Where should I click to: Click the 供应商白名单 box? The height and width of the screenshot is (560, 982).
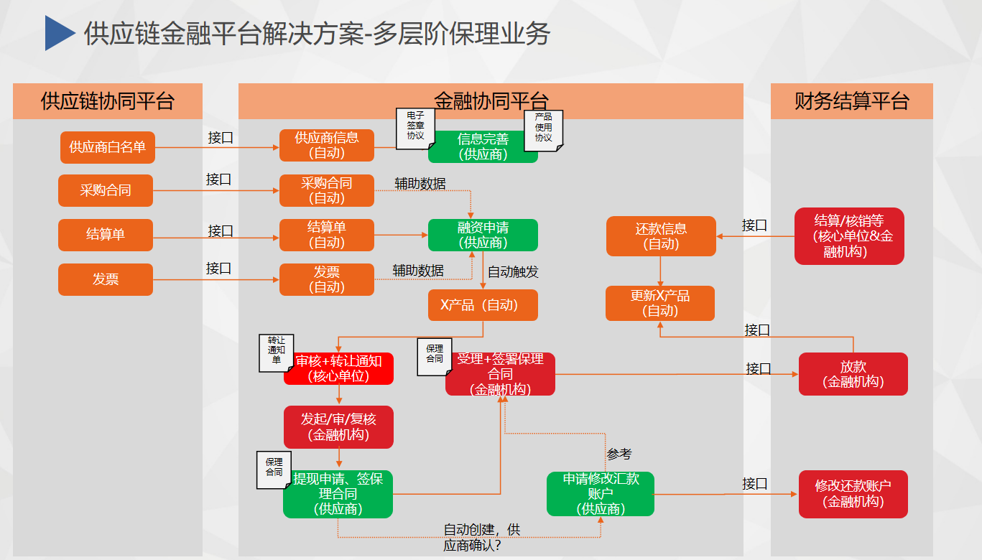click(x=107, y=147)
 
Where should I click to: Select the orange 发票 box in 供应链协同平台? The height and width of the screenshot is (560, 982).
click(x=106, y=279)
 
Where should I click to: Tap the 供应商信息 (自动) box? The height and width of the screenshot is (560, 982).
click(x=326, y=145)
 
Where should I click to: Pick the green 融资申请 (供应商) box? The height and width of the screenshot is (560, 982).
click(x=483, y=235)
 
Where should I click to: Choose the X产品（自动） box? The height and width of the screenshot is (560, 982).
click(x=483, y=305)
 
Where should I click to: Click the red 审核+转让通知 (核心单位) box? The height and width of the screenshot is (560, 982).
click(x=338, y=368)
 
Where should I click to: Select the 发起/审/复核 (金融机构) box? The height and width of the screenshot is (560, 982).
click(x=338, y=426)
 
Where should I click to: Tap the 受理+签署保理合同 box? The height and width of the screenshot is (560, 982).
click(x=500, y=374)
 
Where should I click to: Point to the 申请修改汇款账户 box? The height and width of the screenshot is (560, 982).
click(x=601, y=494)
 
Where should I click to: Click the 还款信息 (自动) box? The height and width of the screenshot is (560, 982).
click(x=661, y=236)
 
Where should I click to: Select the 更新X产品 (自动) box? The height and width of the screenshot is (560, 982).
click(x=660, y=303)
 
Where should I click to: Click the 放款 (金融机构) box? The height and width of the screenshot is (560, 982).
click(x=853, y=374)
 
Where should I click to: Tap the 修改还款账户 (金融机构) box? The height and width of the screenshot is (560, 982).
click(x=853, y=494)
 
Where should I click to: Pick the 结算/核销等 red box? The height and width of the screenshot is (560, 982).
click(x=849, y=236)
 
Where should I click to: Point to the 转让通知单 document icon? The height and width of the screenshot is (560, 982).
click(x=276, y=352)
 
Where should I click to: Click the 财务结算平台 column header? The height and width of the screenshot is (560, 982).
click(x=851, y=101)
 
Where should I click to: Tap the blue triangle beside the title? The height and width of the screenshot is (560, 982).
click(x=60, y=34)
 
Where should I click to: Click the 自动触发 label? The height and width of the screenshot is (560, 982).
click(x=513, y=272)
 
